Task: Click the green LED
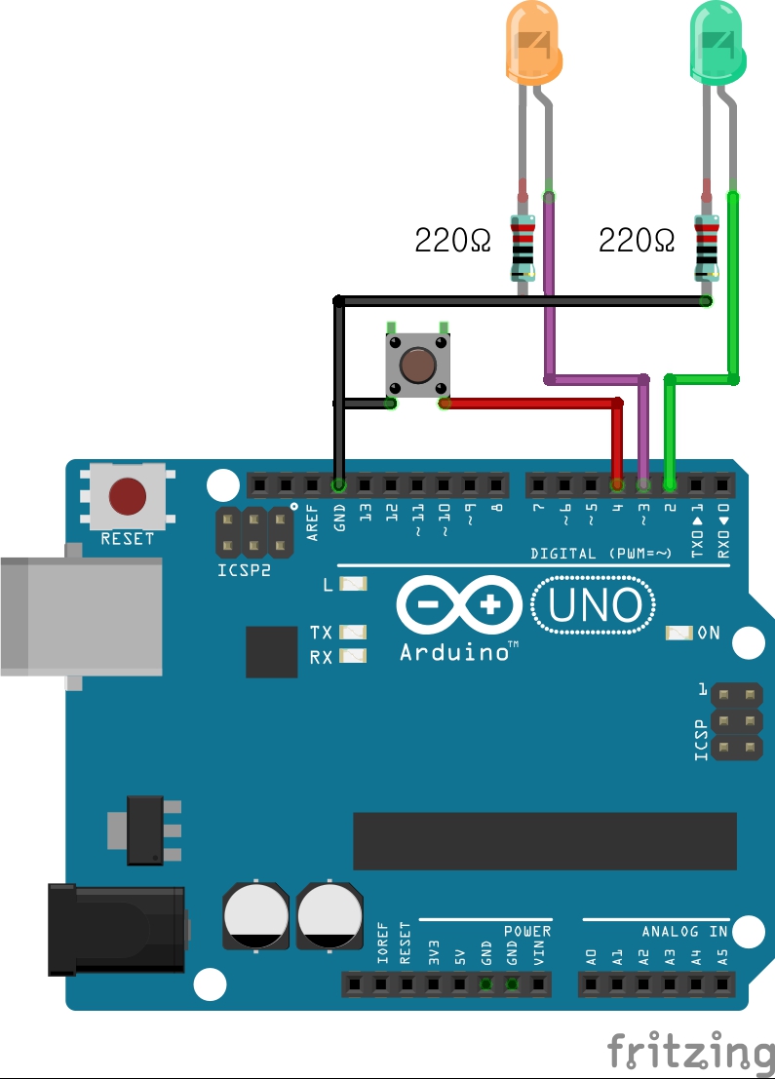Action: [717, 44]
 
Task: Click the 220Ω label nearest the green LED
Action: [636, 239]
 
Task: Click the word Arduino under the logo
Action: [458, 651]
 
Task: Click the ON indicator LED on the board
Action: [676, 633]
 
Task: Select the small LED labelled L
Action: [352, 585]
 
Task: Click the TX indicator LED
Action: [352, 633]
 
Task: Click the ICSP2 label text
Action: [244, 569]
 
